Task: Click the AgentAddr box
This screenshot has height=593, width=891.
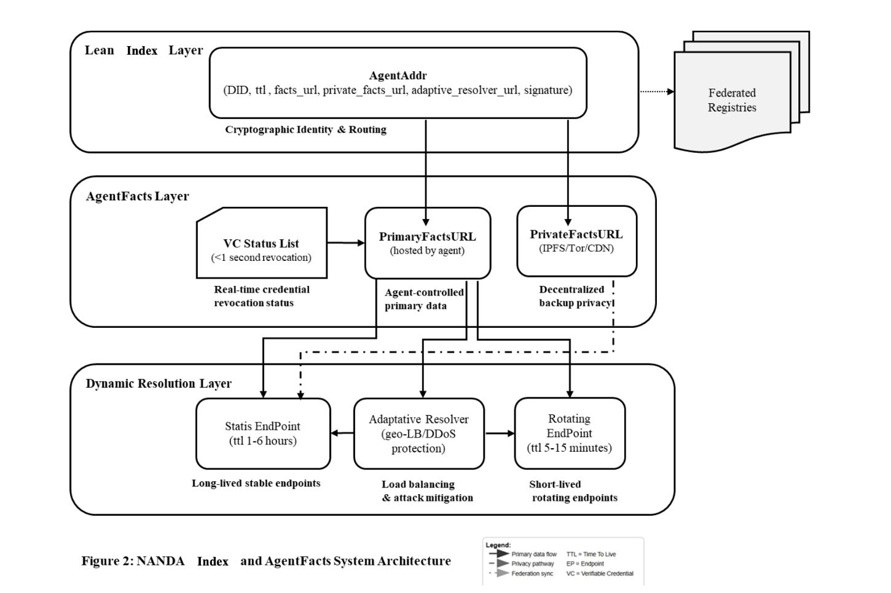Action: click(398, 83)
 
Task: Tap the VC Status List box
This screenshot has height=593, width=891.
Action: click(261, 243)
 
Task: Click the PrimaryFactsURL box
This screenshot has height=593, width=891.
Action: click(427, 243)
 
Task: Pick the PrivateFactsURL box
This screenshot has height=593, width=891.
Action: click(576, 241)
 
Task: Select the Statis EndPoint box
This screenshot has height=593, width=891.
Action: click(262, 433)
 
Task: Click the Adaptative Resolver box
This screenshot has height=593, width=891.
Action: click(418, 433)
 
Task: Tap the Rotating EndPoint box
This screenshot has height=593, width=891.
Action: click(569, 433)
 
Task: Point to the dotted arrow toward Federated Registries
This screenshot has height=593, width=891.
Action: click(656, 91)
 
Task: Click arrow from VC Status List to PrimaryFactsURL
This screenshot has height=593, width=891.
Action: click(345, 243)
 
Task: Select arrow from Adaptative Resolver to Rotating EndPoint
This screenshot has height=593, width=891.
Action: click(500, 433)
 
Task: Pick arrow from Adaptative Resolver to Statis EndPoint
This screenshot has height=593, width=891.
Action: click(342, 433)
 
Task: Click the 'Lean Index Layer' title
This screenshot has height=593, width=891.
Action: click(143, 50)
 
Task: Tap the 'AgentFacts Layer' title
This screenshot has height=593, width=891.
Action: click(137, 196)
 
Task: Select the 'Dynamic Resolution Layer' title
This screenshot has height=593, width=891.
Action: click(159, 384)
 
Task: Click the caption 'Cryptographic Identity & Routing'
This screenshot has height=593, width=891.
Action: click(305, 130)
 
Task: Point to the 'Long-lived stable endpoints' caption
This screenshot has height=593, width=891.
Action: click(256, 483)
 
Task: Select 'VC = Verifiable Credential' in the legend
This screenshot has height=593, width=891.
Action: click(600, 573)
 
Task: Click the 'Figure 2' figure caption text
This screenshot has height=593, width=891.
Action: click(266, 561)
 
